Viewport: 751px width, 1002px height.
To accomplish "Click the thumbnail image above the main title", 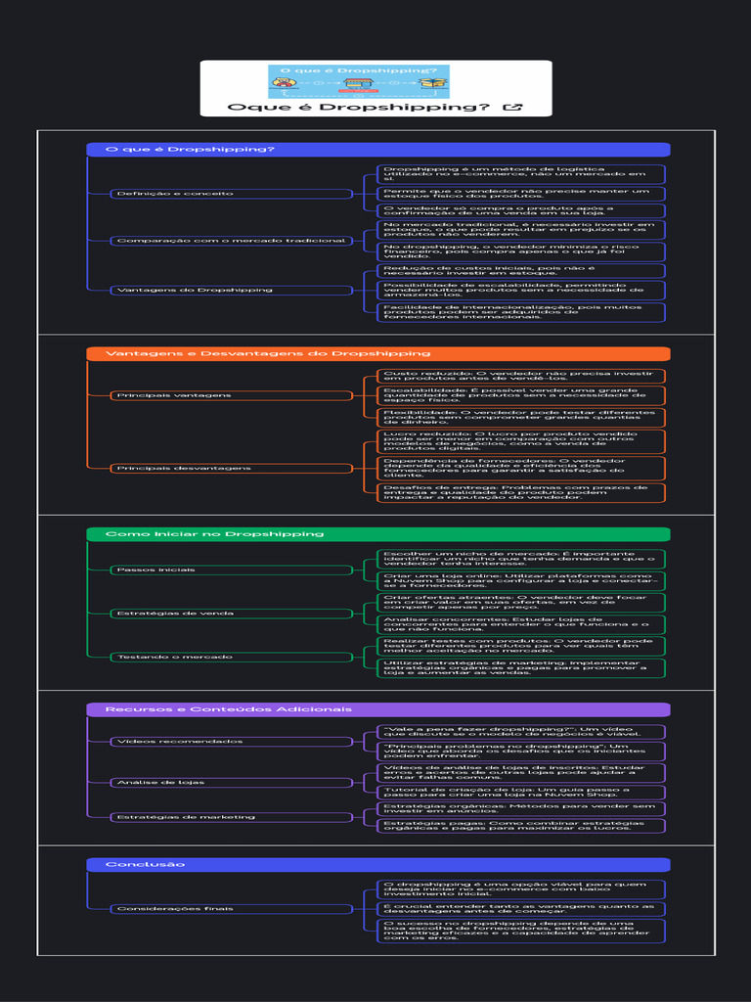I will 359,80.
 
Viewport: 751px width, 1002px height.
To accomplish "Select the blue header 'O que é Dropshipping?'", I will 377,150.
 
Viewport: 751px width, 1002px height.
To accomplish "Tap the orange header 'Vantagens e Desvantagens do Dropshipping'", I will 377,353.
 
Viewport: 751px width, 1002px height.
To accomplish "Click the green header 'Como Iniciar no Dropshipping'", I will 377,534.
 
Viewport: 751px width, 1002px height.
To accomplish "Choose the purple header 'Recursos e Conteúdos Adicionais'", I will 377,709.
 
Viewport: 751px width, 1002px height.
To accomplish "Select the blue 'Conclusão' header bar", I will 377,865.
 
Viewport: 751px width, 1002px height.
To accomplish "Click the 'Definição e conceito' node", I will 231,194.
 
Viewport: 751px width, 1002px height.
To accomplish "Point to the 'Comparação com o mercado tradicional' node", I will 231,241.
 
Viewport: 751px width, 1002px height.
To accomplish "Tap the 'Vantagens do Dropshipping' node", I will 231,291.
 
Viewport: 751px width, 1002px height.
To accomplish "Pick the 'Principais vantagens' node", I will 231,395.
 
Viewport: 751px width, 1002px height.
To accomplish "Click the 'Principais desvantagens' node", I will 231,469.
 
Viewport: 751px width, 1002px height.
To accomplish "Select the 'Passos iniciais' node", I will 231,569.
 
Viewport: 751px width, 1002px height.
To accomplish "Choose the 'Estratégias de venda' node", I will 231,614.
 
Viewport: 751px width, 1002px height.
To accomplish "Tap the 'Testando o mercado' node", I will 231,657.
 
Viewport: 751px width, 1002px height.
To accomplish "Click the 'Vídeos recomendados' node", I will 231,742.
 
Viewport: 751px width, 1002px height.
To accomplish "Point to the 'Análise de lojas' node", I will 231,783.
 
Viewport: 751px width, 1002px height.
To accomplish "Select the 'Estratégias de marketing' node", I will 231,817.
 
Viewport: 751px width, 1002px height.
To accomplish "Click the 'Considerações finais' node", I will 231,909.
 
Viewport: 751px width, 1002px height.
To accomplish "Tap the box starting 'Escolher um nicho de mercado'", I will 521,559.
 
